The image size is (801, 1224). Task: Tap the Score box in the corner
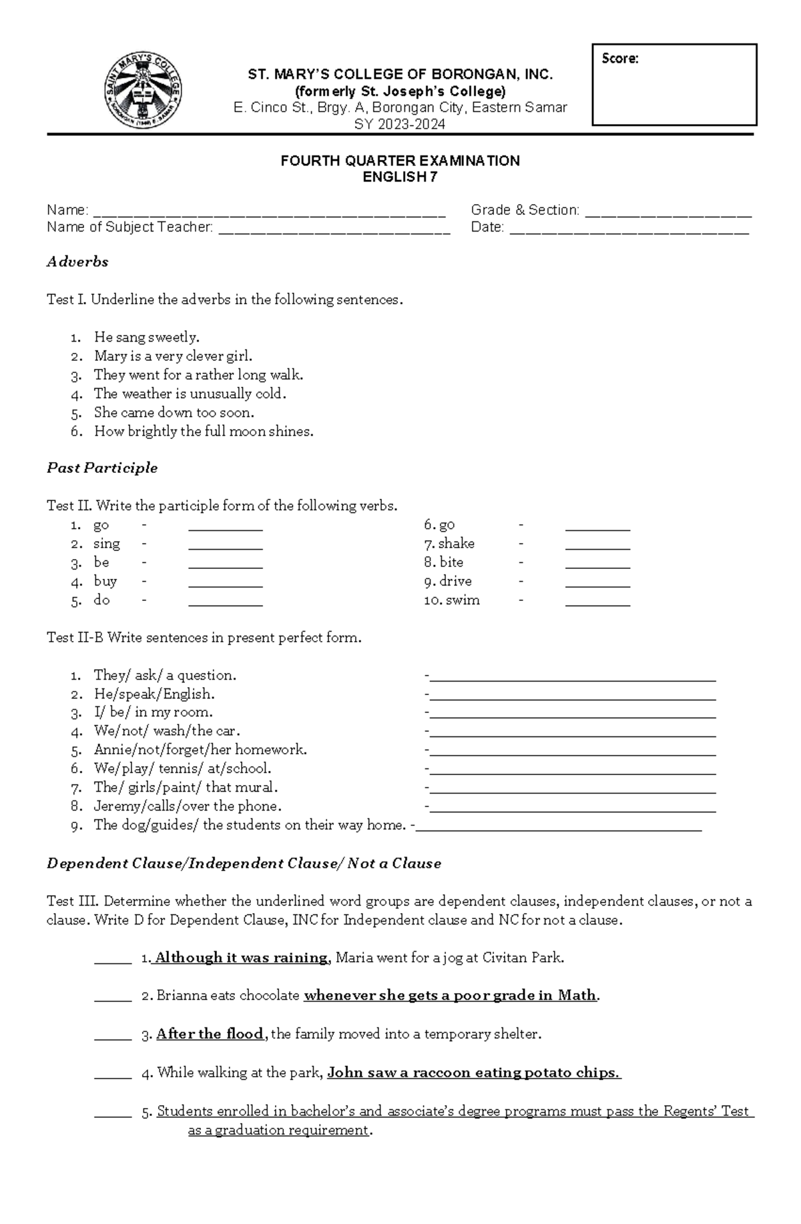[x=674, y=85]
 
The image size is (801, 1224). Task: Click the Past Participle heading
[x=102, y=468]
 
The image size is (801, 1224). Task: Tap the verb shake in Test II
[x=457, y=544]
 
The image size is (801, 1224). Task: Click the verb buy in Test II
[x=105, y=581]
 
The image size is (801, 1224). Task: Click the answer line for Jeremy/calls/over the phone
[x=573, y=810]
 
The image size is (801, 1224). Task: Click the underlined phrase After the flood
[x=210, y=1034]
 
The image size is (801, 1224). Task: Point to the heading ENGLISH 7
[x=400, y=177]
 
